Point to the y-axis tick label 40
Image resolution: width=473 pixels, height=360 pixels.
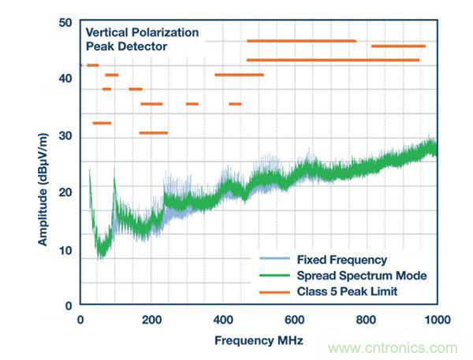[65, 79]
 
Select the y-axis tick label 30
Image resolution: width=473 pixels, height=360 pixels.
[65, 136]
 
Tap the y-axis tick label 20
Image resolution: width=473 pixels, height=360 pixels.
[65, 192]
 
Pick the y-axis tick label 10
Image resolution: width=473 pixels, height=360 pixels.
[65, 251]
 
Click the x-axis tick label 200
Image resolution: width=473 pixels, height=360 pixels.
[151, 319]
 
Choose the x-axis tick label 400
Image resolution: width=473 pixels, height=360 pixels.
[223, 319]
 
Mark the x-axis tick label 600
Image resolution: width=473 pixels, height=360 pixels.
[294, 319]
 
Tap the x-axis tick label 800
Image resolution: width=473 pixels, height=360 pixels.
[366, 319]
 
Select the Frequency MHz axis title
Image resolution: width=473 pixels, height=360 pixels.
[258, 340]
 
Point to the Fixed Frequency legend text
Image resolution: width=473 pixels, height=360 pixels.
[341, 258]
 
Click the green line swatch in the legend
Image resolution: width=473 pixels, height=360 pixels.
[274, 276]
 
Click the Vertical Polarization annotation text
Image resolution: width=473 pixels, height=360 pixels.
[142, 33]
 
